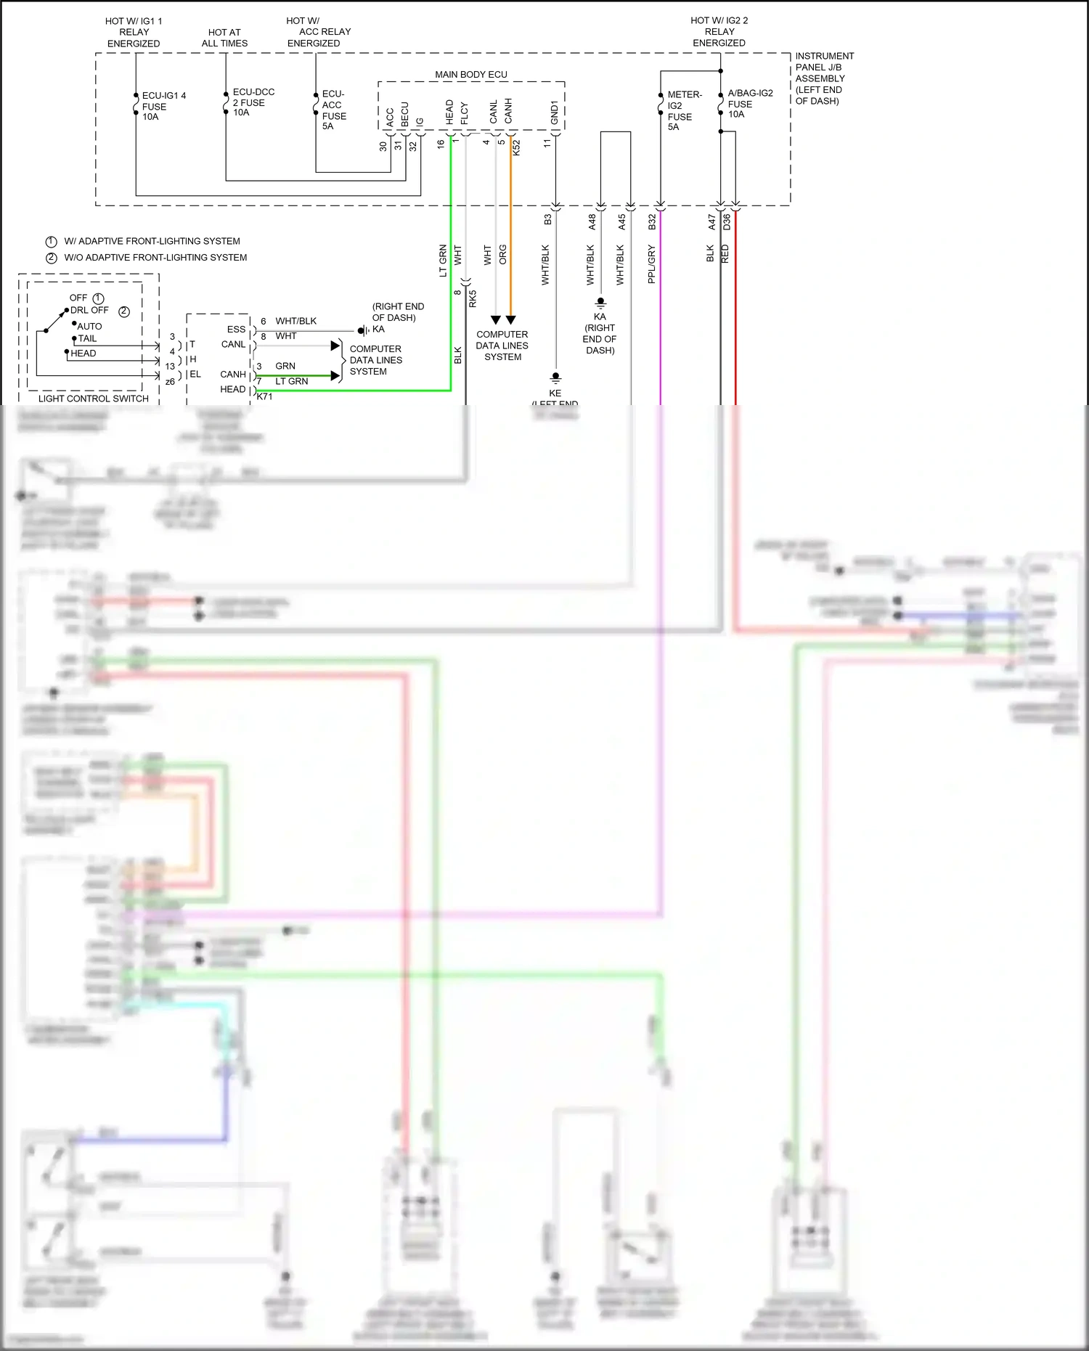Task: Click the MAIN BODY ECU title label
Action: tap(470, 74)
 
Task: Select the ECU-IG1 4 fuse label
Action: tap(163, 106)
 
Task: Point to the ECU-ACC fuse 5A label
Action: tap(333, 110)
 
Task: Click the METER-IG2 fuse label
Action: tap(683, 110)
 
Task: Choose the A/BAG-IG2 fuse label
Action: tap(749, 103)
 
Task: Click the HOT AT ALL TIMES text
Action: tap(224, 38)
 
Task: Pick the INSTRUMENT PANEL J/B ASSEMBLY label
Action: tap(824, 78)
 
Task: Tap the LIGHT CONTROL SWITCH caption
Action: tap(93, 399)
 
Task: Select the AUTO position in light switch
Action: tap(89, 326)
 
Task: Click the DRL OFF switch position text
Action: tap(89, 310)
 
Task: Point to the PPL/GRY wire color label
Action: tap(651, 264)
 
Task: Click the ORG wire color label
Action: tap(502, 254)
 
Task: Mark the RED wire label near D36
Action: tap(725, 253)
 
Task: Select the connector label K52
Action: tap(516, 147)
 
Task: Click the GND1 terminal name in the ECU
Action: tap(555, 113)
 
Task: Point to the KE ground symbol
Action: tap(555, 377)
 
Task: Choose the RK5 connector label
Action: tap(473, 298)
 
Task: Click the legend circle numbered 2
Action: tap(52, 258)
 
